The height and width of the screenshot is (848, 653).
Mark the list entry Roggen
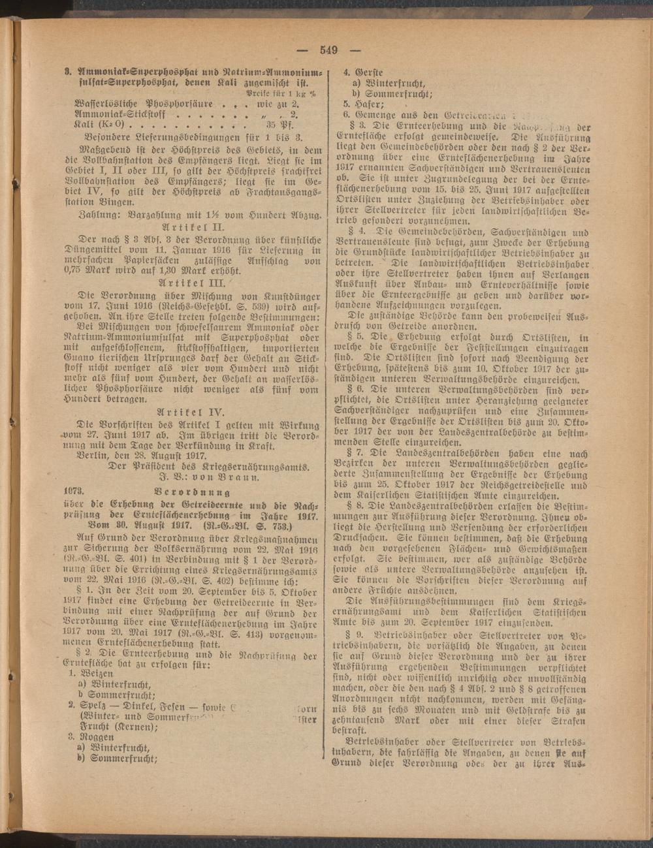click(x=99, y=734)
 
